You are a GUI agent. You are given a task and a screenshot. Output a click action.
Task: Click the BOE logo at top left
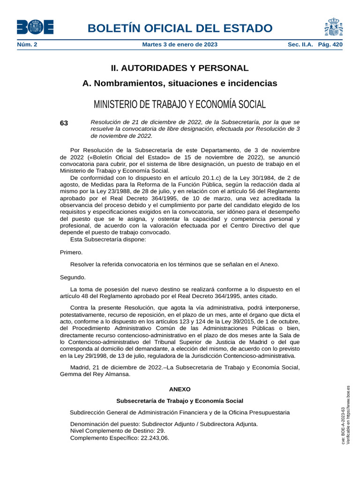point(35,27)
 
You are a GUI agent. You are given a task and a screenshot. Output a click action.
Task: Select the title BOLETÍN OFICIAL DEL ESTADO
point(180,28)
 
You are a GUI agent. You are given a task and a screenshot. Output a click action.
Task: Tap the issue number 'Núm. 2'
point(27,45)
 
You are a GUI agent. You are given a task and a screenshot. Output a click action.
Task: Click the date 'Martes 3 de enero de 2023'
point(180,45)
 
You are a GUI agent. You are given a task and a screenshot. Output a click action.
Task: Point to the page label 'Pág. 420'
point(330,45)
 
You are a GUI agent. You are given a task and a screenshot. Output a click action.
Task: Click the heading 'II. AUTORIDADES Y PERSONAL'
point(180,68)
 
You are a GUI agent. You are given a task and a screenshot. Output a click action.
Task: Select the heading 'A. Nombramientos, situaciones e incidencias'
point(180,83)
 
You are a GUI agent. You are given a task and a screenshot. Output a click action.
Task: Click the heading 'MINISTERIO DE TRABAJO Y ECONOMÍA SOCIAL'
point(180,104)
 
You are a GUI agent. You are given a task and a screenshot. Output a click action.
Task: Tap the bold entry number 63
point(64,123)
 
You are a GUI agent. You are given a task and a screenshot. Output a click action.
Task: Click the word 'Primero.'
point(71,252)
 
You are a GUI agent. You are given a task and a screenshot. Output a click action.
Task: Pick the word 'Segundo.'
point(73,277)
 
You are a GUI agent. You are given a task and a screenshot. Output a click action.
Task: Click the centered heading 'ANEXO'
point(180,389)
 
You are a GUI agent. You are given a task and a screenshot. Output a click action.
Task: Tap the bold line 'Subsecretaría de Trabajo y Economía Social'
point(180,401)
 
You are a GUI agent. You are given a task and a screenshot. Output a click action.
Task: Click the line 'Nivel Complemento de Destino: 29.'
point(118,431)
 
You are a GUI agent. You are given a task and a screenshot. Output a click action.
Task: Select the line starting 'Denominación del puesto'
point(164,424)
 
